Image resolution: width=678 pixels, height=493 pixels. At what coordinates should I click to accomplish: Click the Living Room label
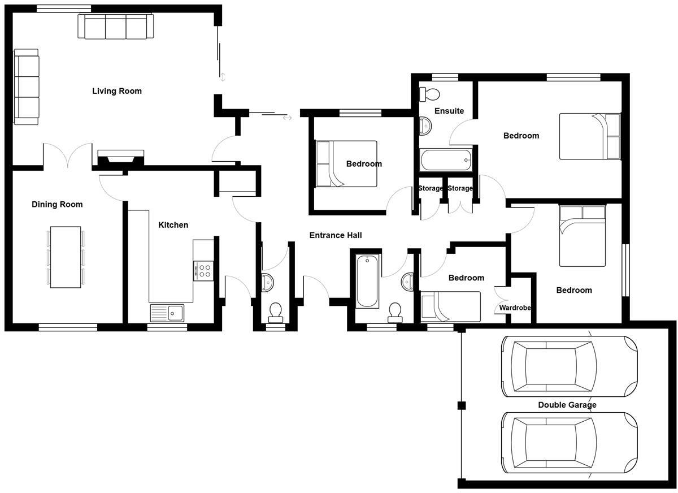pos(117,91)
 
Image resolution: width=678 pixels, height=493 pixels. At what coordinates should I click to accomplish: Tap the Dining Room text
pos(57,205)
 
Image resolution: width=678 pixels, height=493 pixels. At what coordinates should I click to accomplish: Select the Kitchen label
pos(173,225)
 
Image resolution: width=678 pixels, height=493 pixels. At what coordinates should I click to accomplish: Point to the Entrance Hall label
pos(336,235)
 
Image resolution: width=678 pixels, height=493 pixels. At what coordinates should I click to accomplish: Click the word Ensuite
pos(449,111)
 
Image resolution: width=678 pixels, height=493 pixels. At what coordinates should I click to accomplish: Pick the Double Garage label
pos(567,405)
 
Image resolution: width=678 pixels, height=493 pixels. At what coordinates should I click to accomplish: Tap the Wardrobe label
pos(515,308)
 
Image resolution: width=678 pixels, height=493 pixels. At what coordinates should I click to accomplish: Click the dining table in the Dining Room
pos(66,257)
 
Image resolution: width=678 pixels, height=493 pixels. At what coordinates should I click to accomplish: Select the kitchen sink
pos(167,312)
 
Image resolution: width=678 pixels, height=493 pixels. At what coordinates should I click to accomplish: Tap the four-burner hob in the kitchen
pos(203,271)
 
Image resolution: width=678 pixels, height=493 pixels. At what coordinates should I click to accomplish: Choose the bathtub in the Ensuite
pos(446,160)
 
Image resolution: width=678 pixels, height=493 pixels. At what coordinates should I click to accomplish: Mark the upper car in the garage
pos(569,366)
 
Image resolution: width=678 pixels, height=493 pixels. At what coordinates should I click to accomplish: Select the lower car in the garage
pos(569,443)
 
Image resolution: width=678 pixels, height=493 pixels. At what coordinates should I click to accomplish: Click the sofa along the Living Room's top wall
pos(115,27)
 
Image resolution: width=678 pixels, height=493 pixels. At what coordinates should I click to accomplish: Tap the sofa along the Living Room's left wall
pos(26,87)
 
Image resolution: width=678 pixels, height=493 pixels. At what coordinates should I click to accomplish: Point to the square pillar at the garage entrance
pos(462,405)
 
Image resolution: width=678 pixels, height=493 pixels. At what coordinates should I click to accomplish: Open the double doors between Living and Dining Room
pos(67,156)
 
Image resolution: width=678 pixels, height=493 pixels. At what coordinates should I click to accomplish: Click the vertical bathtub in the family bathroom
pos(368,281)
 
